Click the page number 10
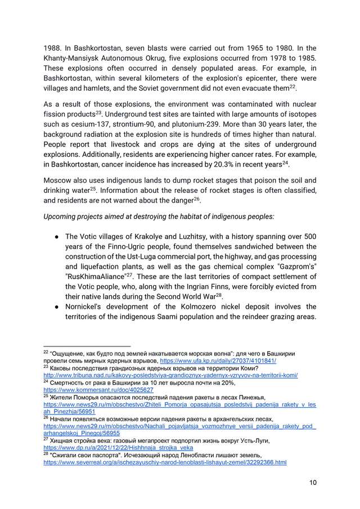point(312,483)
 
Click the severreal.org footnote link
point(165,462)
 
